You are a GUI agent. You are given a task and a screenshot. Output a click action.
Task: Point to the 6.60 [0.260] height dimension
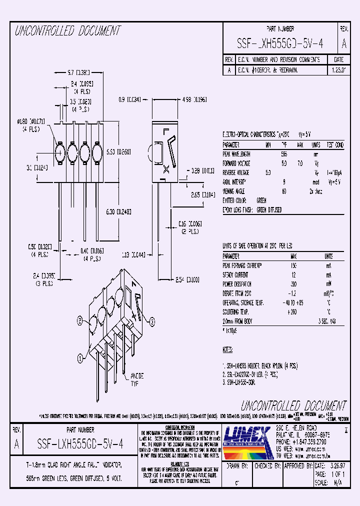click(x=118, y=151)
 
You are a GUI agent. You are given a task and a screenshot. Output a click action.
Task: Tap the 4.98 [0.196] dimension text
click(x=194, y=99)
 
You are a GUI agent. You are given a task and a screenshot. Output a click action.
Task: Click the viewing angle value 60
click(x=283, y=190)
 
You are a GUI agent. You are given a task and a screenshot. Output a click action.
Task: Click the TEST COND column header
click(x=335, y=145)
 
